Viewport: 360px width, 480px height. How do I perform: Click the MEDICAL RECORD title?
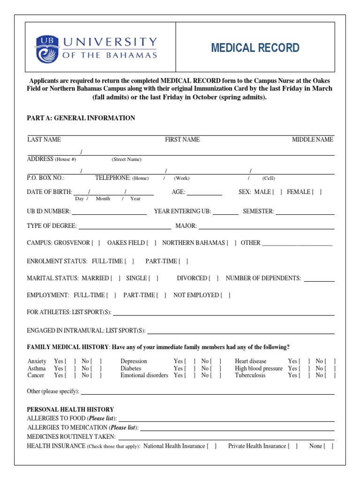tap(255, 48)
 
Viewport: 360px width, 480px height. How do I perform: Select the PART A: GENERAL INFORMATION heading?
tap(81, 118)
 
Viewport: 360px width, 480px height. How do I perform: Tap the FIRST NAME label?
tap(182, 139)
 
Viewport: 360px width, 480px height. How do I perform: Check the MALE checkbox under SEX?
tap(277, 192)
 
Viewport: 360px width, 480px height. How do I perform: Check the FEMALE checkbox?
tap(317, 192)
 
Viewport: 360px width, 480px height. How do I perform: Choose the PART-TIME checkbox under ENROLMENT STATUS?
tap(184, 261)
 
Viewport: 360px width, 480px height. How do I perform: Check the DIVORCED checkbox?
tap(214, 278)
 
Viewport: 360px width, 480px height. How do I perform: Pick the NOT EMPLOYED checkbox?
tap(225, 295)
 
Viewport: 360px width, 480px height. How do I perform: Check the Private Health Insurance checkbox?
tap(293, 446)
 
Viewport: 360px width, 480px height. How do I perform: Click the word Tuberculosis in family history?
tap(250, 375)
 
